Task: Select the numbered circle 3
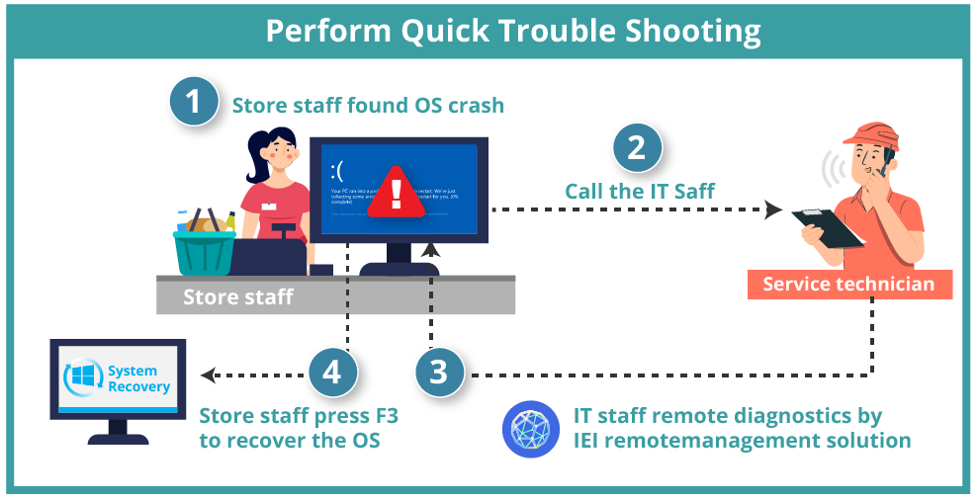click(x=439, y=373)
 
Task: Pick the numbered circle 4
click(x=332, y=373)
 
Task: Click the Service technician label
click(x=848, y=285)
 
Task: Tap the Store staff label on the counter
click(x=237, y=296)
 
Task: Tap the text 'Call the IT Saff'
click(x=639, y=191)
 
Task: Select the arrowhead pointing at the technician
click(x=773, y=209)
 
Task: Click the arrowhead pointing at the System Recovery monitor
click(x=207, y=375)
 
